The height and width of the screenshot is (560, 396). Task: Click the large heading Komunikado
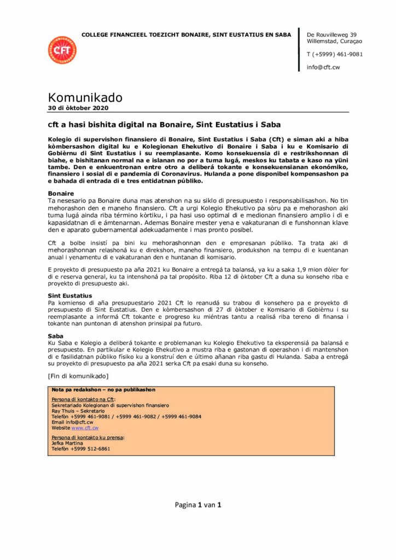(x=85, y=98)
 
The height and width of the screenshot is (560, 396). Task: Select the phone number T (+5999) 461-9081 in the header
(x=334, y=54)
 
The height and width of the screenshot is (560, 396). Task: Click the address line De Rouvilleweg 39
(x=331, y=34)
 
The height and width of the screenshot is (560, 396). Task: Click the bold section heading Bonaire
(x=61, y=194)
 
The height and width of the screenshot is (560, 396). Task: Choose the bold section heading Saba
(x=56, y=336)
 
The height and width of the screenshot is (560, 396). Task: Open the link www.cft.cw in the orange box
(x=85, y=428)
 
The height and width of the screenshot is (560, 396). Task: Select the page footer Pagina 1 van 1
(x=197, y=505)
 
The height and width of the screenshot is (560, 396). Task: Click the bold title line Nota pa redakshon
(x=103, y=390)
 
